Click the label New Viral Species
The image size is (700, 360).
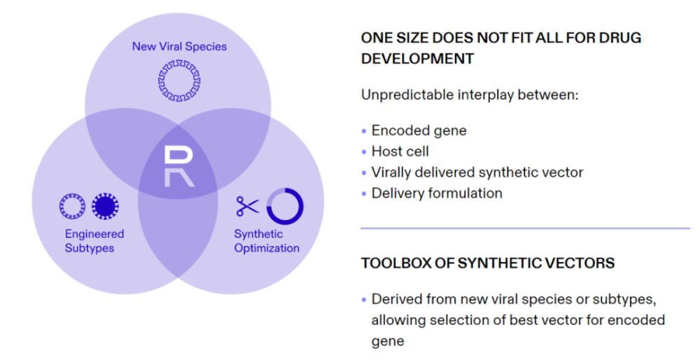(x=179, y=46)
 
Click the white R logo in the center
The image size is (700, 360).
(x=179, y=167)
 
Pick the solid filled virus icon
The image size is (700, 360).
(x=106, y=207)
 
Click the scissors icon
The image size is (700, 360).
(x=247, y=207)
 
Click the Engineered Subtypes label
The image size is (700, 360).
(x=94, y=241)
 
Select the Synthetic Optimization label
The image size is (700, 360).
(x=267, y=241)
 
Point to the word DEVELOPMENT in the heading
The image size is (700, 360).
(x=417, y=59)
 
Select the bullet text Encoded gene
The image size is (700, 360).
(x=419, y=130)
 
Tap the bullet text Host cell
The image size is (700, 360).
(x=400, y=151)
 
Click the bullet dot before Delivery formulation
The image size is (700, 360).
(x=364, y=194)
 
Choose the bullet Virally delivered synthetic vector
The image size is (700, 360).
(x=477, y=172)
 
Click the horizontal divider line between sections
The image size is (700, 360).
(x=526, y=228)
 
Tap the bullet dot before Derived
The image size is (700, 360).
(x=364, y=300)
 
